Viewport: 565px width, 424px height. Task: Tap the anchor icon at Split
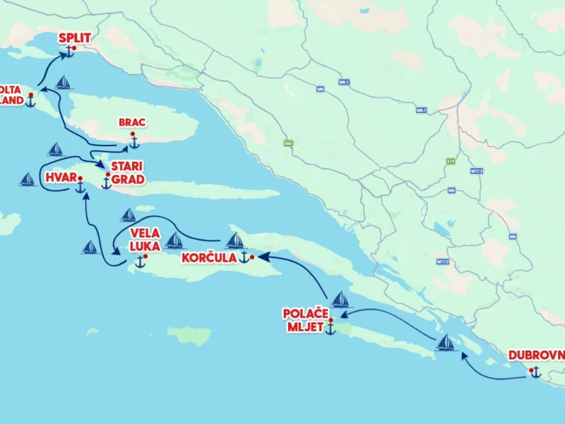70,52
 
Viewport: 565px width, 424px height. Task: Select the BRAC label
132,122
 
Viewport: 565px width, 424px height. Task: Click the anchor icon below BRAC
133,142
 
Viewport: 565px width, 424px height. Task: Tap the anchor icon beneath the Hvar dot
80,187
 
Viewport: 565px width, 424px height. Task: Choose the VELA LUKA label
144,240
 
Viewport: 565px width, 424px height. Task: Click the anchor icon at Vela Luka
140,262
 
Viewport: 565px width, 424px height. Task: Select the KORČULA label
208,258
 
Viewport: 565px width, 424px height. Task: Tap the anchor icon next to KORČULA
244,257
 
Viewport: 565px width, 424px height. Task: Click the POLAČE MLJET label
306,319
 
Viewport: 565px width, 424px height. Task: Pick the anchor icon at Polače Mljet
330,329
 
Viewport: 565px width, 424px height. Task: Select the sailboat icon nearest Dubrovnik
446,343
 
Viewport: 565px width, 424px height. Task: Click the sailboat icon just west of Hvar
28,179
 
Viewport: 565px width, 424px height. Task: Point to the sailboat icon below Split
64,83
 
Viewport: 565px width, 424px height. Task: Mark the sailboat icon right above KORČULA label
234,241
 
